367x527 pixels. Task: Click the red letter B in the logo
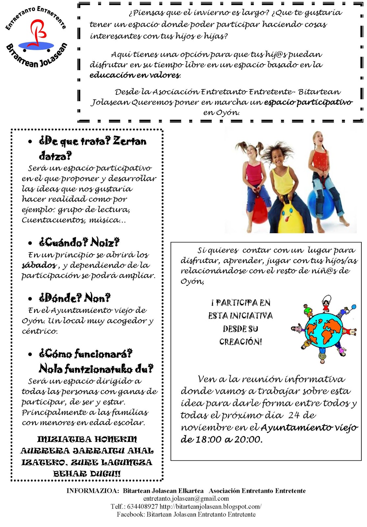(37, 32)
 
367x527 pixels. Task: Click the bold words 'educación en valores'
(135, 75)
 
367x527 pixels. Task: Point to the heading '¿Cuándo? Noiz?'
(79, 242)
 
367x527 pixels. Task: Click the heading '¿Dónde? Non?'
(75, 298)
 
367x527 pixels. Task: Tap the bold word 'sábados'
(39, 265)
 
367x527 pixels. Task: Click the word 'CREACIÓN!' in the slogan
(241, 342)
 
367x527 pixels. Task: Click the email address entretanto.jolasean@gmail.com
(186, 499)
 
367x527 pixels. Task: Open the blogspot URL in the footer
(211, 507)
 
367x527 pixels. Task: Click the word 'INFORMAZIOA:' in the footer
(93, 491)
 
